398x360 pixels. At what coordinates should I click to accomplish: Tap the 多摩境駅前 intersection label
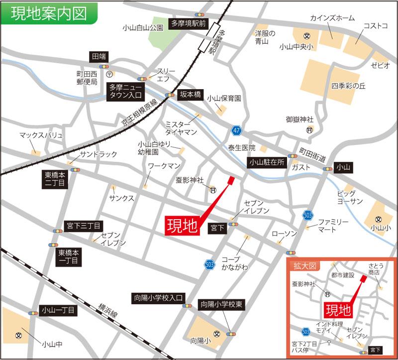pyautogui.click(x=188, y=23)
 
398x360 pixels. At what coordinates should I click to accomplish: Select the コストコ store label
pyautogui.click(x=375, y=26)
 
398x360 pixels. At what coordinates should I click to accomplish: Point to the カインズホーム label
pyautogui.click(x=333, y=18)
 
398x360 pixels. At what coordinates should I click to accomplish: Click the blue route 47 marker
pyautogui.click(x=236, y=131)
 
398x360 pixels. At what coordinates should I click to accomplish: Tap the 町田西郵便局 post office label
pyautogui.click(x=84, y=77)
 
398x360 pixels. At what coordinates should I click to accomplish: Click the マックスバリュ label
pyautogui.click(x=41, y=135)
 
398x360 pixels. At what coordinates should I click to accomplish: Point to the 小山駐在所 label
pyautogui.click(x=267, y=162)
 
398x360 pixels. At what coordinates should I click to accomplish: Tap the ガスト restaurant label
pyautogui.click(x=301, y=167)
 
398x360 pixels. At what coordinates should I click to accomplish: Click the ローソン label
pyautogui.click(x=284, y=234)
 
